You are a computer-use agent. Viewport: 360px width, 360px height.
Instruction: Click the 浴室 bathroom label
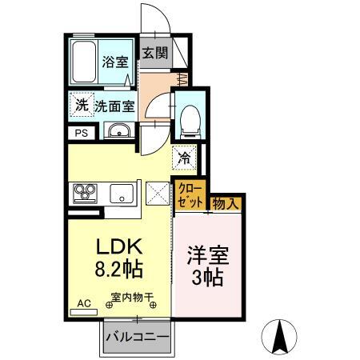[114, 61]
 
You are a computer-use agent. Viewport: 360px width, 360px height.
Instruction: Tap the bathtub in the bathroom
[84, 62]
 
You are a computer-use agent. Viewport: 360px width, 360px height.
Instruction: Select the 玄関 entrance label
[154, 54]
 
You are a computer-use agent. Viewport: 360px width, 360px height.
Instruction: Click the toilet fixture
[189, 120]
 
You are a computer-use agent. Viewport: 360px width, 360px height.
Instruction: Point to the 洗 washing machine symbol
[81, 105]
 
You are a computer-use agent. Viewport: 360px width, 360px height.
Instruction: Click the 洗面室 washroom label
[115, 106]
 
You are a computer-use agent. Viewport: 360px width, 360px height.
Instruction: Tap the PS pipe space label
[81, 134]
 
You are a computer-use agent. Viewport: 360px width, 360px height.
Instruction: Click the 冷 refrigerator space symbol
[183, 158]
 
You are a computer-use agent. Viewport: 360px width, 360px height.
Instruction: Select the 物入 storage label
[224, 204]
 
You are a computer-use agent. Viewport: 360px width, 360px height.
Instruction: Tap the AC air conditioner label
[83, 304]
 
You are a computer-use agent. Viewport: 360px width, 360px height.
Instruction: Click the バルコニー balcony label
[137, 338]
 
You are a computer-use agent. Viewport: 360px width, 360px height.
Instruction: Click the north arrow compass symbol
[282, 334]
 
